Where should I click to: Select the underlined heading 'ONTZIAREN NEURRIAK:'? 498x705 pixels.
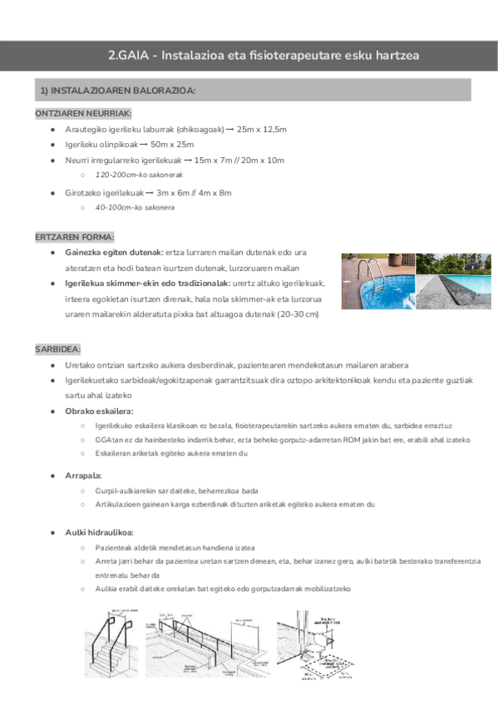(x=83, y=113)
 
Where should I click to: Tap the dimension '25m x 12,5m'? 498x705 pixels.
(x=262, y=130)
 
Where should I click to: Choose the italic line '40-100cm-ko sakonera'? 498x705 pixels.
(x=135, y=207)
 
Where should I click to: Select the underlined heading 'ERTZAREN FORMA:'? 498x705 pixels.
(x=76, y=236)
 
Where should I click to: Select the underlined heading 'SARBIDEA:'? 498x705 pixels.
(x=57, y=349)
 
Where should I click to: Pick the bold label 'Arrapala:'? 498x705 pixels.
(x=83, y=476)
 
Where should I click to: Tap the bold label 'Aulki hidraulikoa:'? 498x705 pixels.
(x=100, y=532)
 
